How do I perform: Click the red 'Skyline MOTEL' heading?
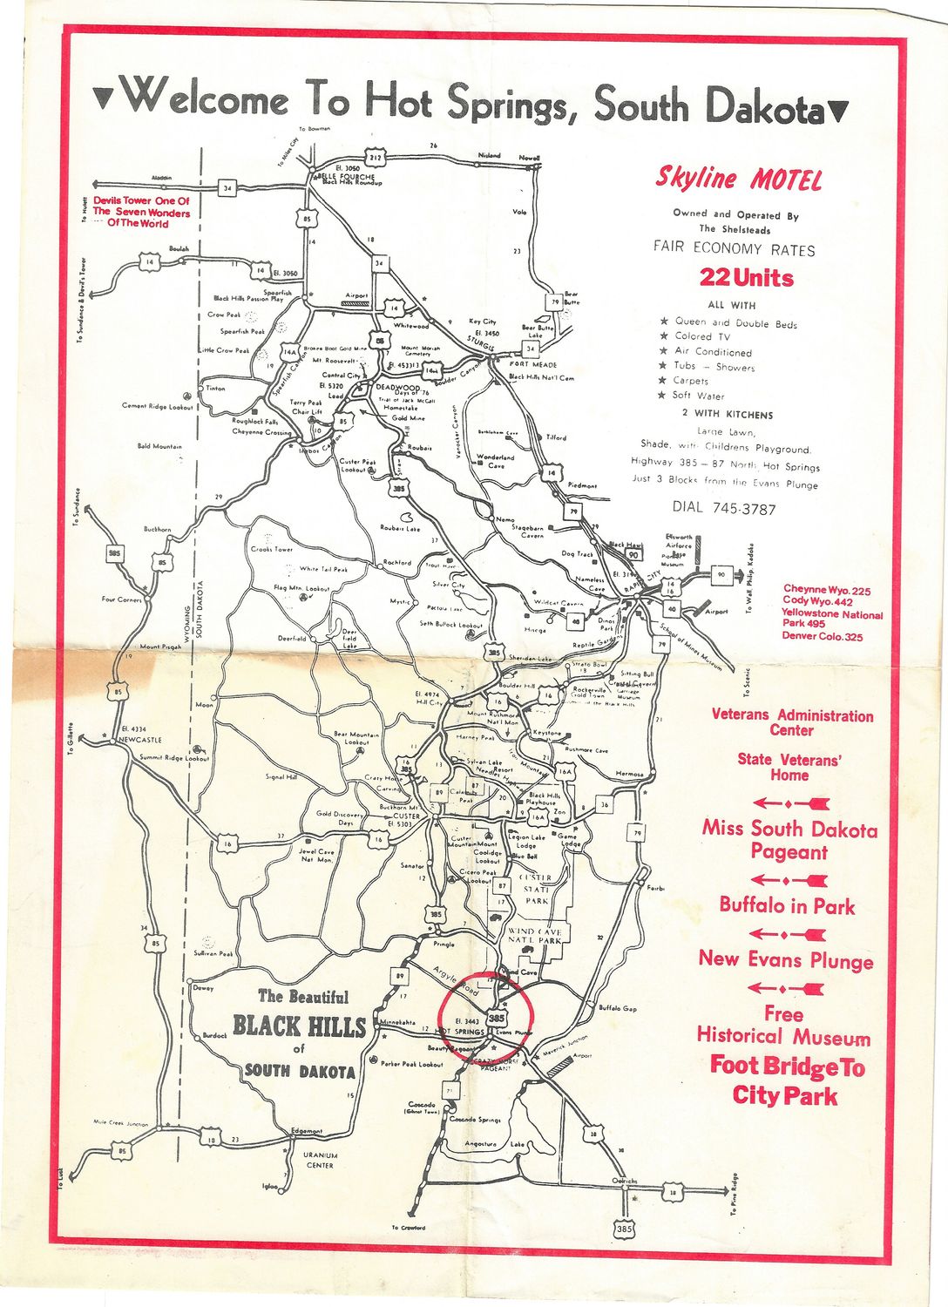pos(738,179)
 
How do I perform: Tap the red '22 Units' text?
pos(747,279)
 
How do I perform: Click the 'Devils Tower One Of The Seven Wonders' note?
pos(141,212)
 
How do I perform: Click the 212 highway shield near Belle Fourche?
pos(375,158)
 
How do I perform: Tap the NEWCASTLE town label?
pos(139,739)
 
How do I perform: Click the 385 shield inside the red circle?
pos(497,1017)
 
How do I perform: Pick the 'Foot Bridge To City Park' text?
pos(787,1080)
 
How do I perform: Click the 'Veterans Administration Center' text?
pos(792,722)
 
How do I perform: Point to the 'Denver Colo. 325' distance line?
pos(822,637)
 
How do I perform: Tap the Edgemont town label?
pos(306,1131)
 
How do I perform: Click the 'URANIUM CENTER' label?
pos(319,1160)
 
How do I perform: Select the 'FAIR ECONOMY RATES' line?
pos(734,249)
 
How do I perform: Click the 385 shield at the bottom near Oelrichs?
pos(624,1228)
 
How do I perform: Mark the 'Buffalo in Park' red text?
pos(787,906)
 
